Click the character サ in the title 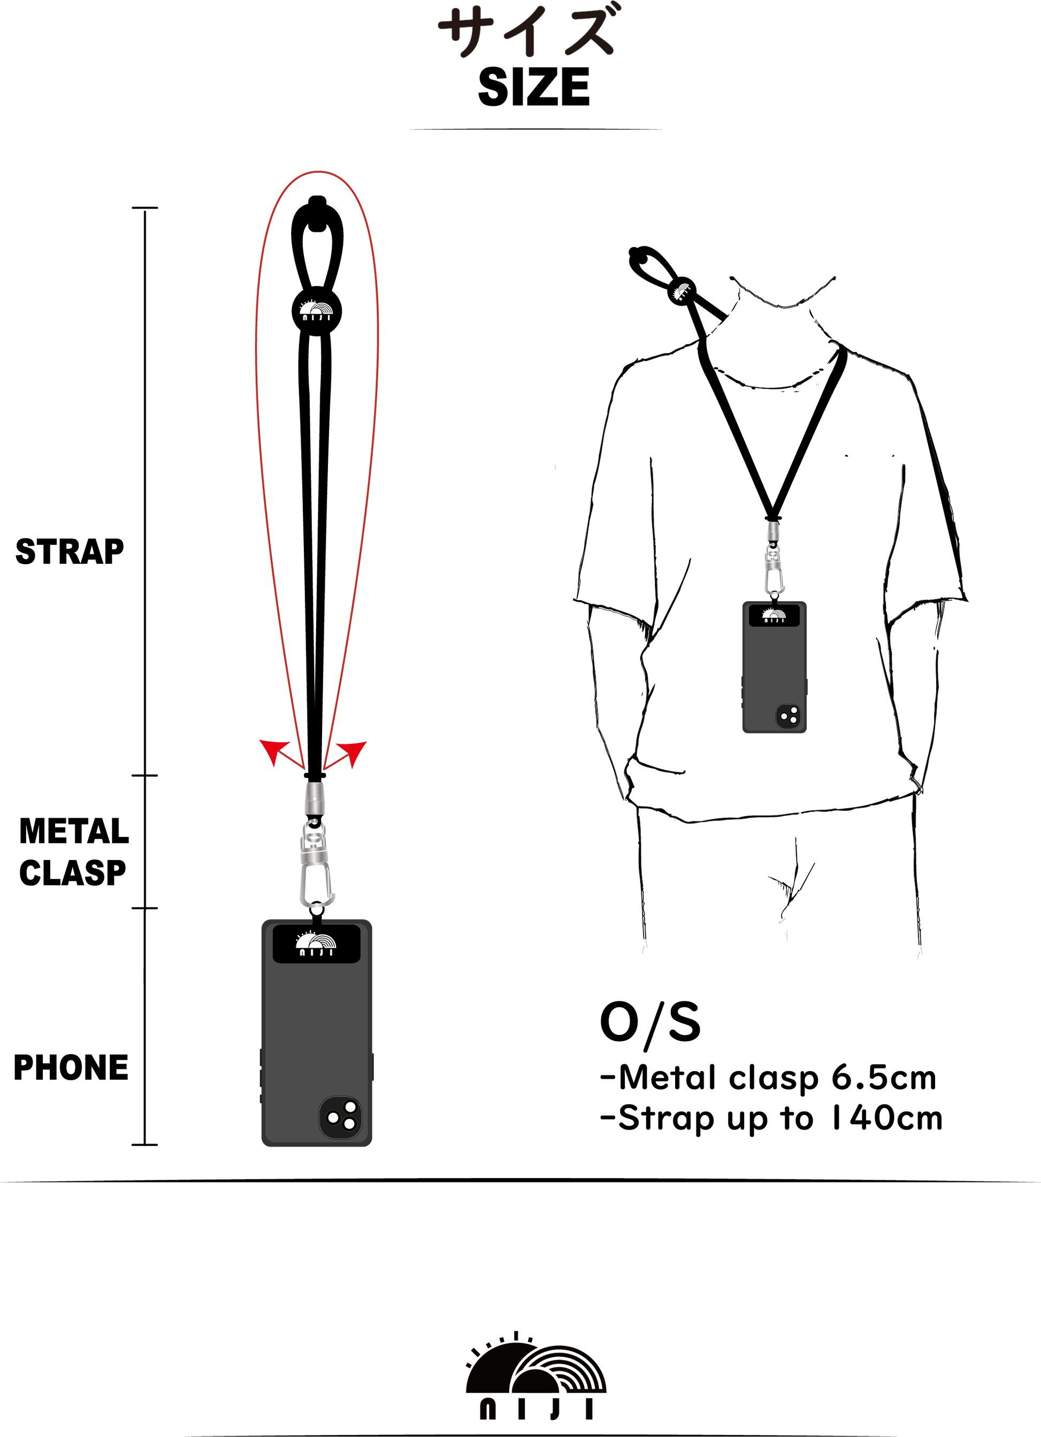pos(466,32)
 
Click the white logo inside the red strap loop pos(316,311)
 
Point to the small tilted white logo pos(682,291)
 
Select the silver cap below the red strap pos(314,798)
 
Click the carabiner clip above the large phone pos(316,865)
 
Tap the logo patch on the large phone pos(316,944)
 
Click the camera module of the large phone pos(341,1118)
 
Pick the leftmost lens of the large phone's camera pos(333,1118)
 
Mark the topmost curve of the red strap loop pos(317,172)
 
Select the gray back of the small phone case pos(770,665)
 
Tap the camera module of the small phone pos(788,716)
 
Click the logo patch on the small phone pos(774,615)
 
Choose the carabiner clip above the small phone pos(774,570)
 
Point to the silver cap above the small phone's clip pos(773,531)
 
